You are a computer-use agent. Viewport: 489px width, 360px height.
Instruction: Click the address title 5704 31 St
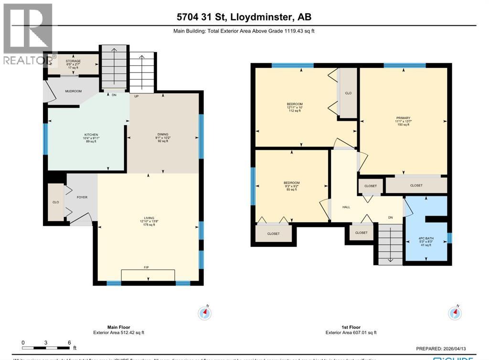tap(244, 17)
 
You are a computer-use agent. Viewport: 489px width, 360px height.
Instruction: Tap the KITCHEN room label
tap(91, 135)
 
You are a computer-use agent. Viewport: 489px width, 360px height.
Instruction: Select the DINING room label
tap(164, 134)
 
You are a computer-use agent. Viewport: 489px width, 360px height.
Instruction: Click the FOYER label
tap(82, 197)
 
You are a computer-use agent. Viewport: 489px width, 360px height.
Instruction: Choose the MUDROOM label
tap(74, 91)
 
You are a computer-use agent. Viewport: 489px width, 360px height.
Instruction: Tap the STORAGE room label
tap(73, 61)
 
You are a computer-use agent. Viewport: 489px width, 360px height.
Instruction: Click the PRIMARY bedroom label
tap(403, 118)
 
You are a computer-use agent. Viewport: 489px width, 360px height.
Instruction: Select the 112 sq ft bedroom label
tap(295, 104)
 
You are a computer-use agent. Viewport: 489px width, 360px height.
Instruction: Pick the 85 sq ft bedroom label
tap(291, 183)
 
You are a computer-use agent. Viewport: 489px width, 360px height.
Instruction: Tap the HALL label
tap(346, 207)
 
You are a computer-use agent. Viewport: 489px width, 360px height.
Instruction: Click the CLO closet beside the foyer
tap(55, 202)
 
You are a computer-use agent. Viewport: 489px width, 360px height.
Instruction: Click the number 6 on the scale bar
tap(69, 343)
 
